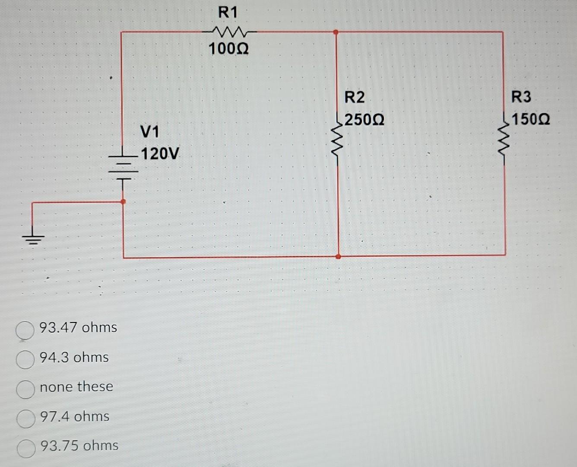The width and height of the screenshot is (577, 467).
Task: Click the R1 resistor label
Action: point(228,13)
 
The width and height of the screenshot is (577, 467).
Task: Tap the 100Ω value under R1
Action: point(228,49)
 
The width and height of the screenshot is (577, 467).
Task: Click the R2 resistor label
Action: point(354,97)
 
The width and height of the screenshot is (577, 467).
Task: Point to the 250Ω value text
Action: point(364,120)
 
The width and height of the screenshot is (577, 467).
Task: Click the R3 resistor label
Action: point(521,97)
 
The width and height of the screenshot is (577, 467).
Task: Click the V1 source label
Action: point(150,131)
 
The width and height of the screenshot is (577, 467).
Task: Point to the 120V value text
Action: point(160,154)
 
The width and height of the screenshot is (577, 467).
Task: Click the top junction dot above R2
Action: point(336,32)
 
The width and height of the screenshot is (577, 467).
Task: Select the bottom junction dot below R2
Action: point(338,256)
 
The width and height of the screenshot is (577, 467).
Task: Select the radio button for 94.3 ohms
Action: point(25,359)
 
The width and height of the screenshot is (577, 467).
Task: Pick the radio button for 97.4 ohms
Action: point(25,419)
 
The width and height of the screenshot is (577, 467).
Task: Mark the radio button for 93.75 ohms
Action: point(25,448)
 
